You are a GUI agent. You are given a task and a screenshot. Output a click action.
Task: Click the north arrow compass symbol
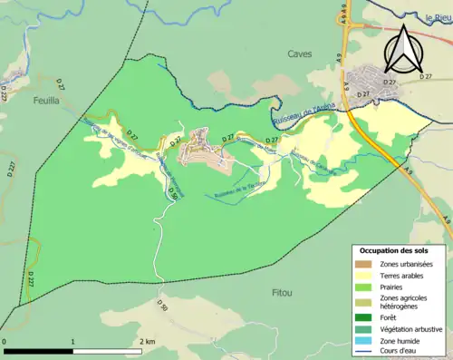404,49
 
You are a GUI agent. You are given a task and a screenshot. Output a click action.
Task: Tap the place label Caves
299,54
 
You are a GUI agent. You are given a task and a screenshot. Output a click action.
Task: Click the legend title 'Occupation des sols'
393,249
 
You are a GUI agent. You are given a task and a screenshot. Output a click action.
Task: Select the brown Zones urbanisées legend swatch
367,264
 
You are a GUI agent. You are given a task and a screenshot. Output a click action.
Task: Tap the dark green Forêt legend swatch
367,318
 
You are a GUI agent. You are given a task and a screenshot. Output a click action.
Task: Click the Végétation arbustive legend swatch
367,331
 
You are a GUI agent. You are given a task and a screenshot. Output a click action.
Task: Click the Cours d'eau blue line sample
367,354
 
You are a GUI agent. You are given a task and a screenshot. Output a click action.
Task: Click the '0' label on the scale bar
5,341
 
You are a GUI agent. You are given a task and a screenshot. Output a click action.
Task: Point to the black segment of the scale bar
39,351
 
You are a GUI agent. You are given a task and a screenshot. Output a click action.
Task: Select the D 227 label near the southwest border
28,279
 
